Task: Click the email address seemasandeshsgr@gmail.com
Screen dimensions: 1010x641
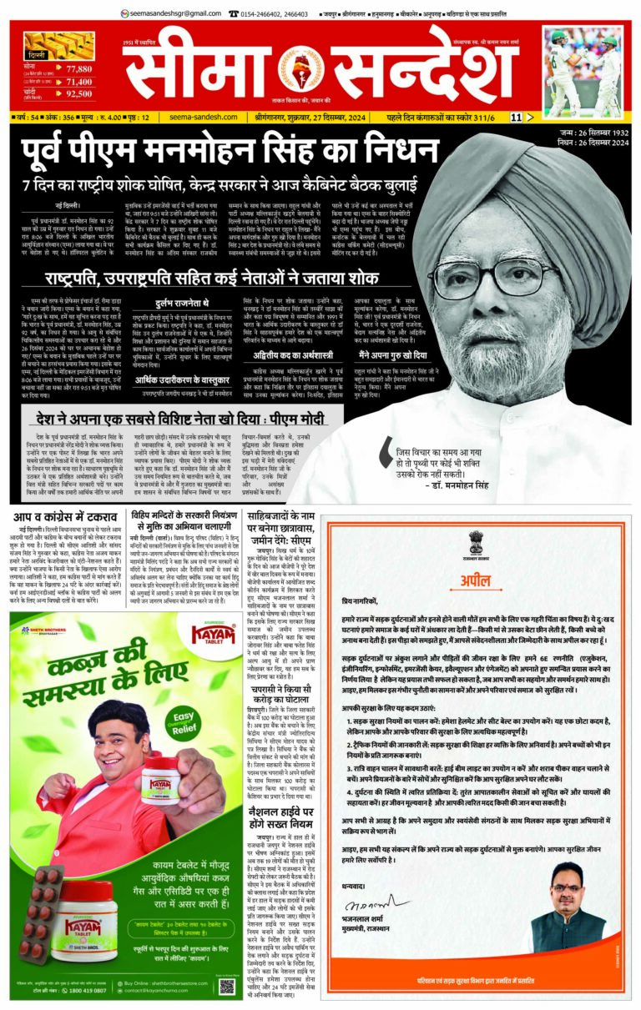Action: (168, 13)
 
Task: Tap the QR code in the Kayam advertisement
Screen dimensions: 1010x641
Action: (227, 987)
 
